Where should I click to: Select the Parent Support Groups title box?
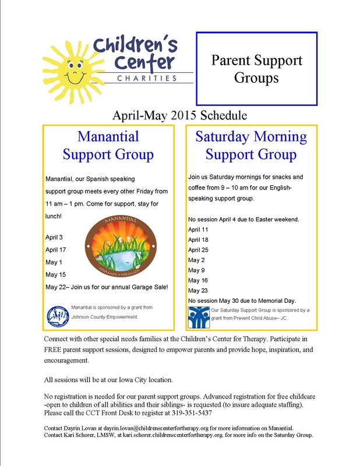point(256,69)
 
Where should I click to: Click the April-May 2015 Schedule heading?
point(179,114)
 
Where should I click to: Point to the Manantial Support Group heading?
point(108,146)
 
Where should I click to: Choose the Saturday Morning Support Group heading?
point(250,146)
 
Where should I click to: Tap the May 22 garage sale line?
point(107,287)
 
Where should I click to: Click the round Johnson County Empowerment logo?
point(57,314)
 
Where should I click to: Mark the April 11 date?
point(199,230)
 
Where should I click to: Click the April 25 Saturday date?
point(199,249)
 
